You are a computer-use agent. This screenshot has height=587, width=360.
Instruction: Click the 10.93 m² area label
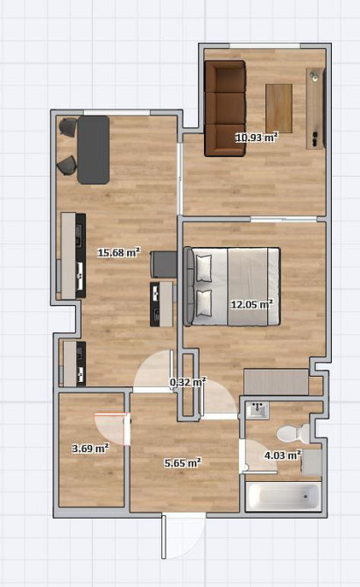257,138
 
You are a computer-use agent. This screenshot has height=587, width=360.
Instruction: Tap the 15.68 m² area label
119,252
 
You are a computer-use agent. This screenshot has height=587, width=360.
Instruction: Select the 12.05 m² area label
251,304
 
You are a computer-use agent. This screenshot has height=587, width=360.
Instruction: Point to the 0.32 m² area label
187,382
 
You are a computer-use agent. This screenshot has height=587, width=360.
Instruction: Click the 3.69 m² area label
90,448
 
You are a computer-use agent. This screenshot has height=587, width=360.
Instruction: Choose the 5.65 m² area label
182,463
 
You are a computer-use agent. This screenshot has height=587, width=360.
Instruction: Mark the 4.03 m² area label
283,456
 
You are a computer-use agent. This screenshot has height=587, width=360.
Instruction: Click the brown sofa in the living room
225,108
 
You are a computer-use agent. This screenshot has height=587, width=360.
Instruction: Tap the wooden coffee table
279,108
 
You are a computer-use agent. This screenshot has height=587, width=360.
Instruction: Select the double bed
231,286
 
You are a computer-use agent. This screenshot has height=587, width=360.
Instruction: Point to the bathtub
283,497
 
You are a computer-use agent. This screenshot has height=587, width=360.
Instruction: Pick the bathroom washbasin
258,410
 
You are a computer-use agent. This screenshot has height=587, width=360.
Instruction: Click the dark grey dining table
94,150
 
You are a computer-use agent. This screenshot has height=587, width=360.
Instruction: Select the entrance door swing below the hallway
183,535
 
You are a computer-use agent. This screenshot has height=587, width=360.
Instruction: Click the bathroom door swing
258,456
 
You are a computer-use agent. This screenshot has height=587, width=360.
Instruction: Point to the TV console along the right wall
315,109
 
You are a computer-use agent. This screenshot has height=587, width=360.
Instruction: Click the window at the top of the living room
265,46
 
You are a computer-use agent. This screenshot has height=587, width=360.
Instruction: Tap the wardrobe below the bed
276,382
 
